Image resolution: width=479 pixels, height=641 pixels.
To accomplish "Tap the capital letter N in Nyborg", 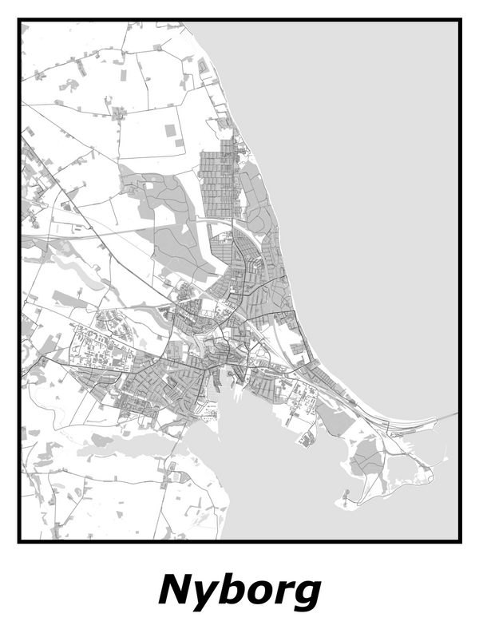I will pos(177,591).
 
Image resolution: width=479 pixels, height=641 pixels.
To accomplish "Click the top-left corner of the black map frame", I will pos(19,21).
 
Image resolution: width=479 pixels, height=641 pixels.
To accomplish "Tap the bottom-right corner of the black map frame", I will pos(460,541).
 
